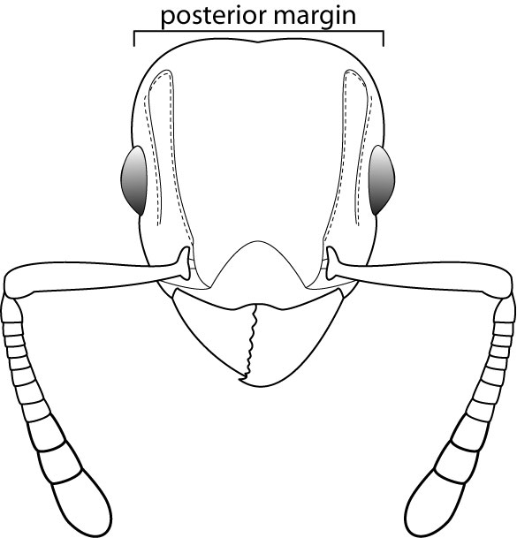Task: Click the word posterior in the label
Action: (210, 16)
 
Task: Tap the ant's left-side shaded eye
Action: (134, 180)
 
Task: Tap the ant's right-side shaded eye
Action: (382, 180)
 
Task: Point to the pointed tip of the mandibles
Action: (240, 379)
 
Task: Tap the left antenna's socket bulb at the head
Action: (185, 263)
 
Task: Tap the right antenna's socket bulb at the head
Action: (331, 263)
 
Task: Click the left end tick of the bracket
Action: (133, 39)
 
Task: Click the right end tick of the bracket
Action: (384, 39)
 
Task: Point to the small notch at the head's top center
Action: (258, 42)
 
